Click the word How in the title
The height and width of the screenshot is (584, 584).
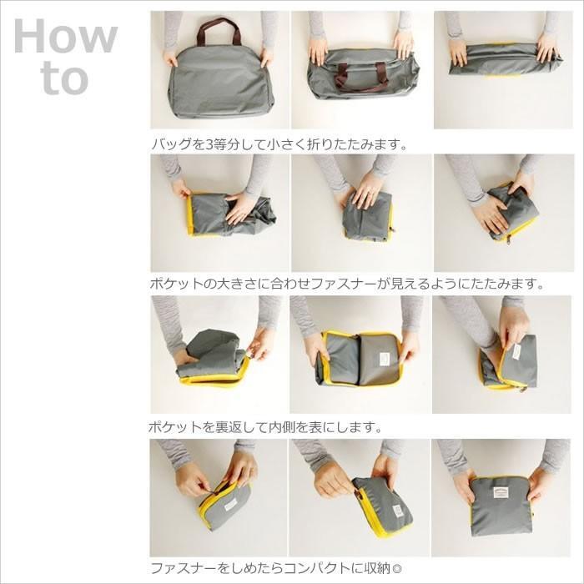tap(66, 36)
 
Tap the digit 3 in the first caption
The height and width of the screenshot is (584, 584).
tap(209, 143)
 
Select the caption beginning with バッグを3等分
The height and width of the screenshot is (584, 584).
tap(278, 143)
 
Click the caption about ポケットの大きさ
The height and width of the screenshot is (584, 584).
tap(347, 284)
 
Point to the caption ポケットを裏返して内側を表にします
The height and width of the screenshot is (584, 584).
tap(264, 427)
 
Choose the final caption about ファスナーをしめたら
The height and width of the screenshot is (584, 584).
tap(276, 568)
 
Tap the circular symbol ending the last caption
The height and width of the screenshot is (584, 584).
tap(396, 569)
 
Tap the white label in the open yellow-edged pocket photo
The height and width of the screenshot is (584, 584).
tap(385, 359)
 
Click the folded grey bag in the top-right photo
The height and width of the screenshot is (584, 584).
tap(504, 60)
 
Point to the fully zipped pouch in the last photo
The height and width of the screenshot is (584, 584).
tap(501, 505)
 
